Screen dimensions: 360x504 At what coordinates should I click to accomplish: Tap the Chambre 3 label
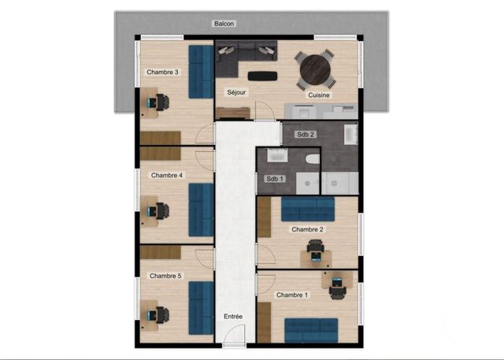pyautogui.click(x=162, y=72)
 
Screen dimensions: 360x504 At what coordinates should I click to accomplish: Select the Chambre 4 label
pyautogui.click(x=166, y=175)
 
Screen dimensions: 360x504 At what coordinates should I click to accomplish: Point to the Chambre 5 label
pyautogui.click(x=165, y=276)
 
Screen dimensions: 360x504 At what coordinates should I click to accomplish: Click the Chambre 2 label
pyautogui.click(x=307, y=229)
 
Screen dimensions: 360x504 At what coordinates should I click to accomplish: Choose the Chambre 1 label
pyautogui.click(x=292, y=295)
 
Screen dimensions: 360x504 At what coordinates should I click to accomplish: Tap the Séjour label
pyautogui.click(x=236, y=92)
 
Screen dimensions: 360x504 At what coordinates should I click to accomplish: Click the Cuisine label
pyautogui.click(x=319, y=95)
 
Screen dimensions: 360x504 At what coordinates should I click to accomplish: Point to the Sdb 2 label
pyautogui.click(x=306, y=135)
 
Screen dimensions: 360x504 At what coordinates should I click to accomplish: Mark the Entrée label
pyautogui.click(x=233, y=317)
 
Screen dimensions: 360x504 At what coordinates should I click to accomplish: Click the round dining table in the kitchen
pyautogui.click(x=317, y=69)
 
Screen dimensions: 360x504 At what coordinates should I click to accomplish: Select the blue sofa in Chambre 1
pyautogui.click(x=310, y=328)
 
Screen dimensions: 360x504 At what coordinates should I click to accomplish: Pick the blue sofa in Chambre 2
pyautogui.click(x=308, y=209)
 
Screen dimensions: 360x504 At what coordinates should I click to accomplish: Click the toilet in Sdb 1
pyautogui.click(x=313, y=161)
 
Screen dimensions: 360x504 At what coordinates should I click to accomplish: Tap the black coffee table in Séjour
pyautogui.click(x=261, y=76)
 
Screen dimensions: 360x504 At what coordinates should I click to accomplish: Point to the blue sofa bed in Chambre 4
pyautogui.click(x=201, y=204)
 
